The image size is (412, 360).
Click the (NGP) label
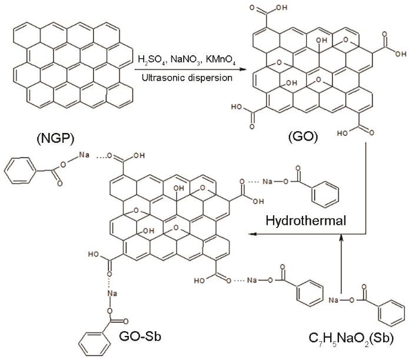click(55, 138)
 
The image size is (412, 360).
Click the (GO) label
click(303, 136)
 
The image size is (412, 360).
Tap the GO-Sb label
click(140, 336)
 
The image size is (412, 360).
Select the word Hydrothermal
click(305, 221)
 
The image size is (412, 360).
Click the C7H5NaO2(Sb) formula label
click(351, 338)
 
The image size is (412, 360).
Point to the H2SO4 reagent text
click(152, 60)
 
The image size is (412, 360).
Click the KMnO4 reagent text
click(221, 60)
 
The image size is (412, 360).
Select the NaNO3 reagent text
click(186, 60)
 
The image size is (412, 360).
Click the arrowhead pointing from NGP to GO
click(243, 69)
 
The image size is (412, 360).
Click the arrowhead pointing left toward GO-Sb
click(252, 234)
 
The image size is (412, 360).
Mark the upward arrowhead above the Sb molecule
click(341, 238)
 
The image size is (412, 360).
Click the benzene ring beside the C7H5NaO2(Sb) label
click(391, 313)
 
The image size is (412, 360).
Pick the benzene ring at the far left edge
click(19, 170)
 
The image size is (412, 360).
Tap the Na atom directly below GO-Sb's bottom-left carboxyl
click(112, 293)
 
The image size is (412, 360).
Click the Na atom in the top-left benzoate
click(84, 155)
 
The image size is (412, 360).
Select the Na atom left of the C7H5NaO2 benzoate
click(334, 300)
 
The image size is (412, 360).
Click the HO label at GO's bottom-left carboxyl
click(237, 107)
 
